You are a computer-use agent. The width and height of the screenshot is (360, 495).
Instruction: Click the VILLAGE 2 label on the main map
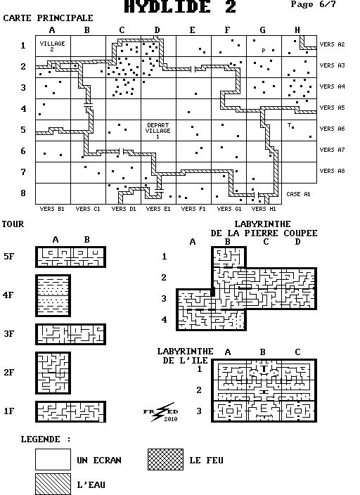coord(53,46)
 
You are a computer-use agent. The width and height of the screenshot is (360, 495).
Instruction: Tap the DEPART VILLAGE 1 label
coord(158,131)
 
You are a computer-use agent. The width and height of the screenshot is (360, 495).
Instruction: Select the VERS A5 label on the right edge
coord(332,108)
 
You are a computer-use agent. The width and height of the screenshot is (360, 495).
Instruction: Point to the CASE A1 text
coord(298,194)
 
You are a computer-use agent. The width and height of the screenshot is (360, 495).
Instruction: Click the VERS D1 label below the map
coord(124,209)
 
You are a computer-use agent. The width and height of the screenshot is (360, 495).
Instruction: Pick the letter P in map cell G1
coord(264,51)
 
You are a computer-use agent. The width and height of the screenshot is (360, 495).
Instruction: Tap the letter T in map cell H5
coord(289,125)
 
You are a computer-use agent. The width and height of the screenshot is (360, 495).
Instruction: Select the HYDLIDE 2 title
coord(180,7)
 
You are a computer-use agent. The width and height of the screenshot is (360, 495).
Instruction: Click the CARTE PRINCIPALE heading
coord(48,18)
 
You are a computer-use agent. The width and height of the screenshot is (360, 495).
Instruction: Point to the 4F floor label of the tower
coord(8,295)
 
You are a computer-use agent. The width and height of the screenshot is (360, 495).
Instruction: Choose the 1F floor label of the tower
coord(9,411)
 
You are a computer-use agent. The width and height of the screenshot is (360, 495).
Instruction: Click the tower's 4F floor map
coord(53,295)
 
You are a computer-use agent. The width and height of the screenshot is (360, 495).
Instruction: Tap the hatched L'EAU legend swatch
coord(53,484)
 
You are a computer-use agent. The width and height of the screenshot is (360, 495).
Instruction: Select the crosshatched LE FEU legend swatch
coord(165,460)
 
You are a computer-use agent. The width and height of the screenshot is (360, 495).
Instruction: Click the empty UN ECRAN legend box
coord(53,460)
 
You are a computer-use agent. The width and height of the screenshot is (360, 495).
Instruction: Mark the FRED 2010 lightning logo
coord(161,412)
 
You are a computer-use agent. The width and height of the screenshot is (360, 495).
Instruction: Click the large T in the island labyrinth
coord(264,368)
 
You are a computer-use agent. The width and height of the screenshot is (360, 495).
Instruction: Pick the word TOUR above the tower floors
coord(13,224)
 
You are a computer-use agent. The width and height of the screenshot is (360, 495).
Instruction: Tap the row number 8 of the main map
coord(23,193)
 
